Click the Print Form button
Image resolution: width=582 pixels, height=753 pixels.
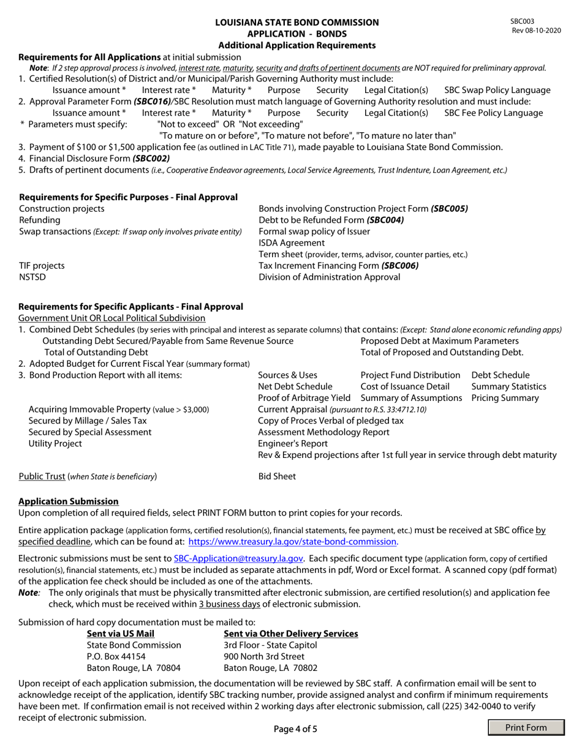pos(526,727)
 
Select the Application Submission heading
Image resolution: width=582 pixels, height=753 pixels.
pos(69,501)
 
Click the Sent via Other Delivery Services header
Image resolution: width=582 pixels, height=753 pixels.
pos(291,634)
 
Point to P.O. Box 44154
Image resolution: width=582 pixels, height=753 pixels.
pos(116,656)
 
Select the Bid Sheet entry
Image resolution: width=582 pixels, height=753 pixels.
pos(277,476)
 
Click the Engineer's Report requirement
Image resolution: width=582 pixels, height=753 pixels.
pos(293,443)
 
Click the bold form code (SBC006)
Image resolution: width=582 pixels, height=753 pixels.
pos(399,266)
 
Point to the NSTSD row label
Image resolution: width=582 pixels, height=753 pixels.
pos(32,277)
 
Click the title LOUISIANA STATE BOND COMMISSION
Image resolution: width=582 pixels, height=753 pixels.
pos(297,23)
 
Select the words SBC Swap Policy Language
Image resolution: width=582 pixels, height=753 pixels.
pos(497,90)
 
